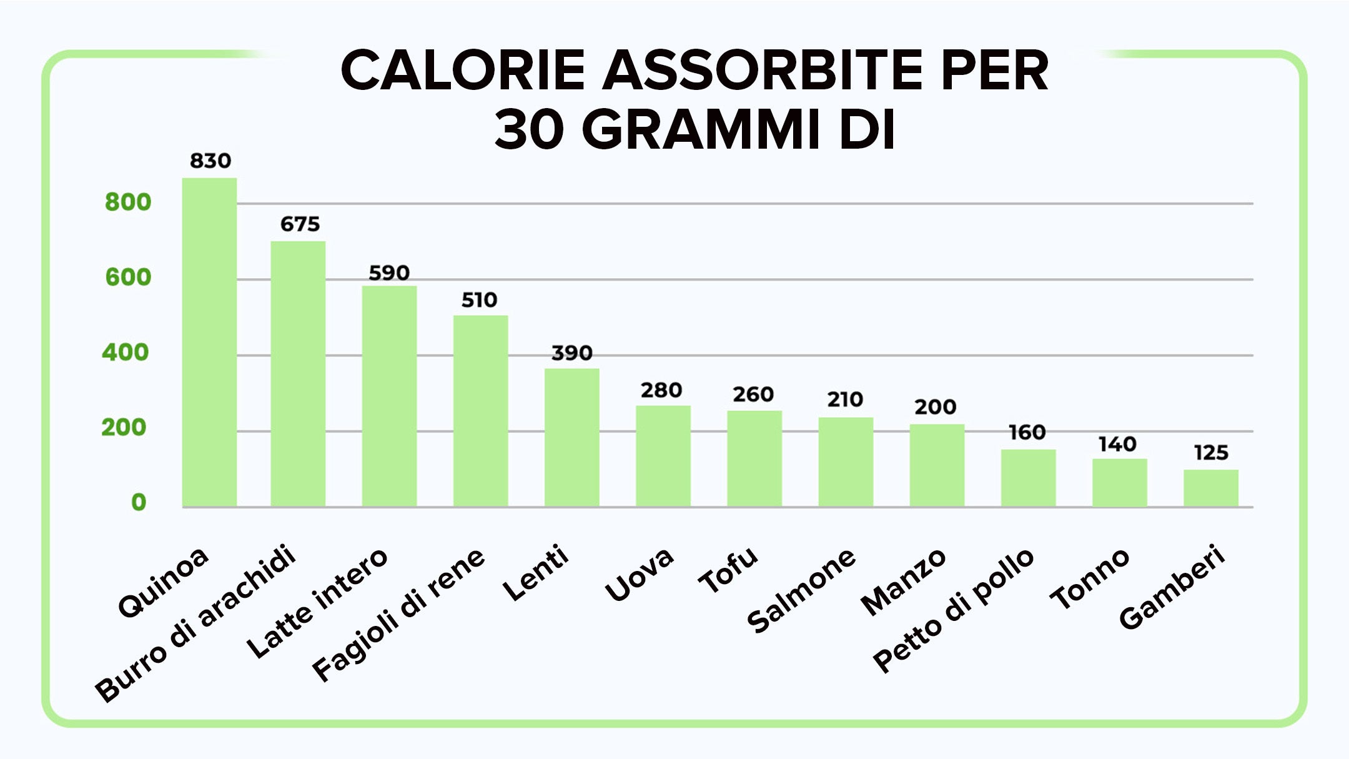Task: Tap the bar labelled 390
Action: (571, 437)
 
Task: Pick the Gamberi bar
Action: (1210, 488)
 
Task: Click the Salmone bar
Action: (846, 462)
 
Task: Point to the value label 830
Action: (210, 161)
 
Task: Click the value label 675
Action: (300, 224)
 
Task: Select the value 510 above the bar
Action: (479, 300)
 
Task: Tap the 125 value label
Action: (1211, 453)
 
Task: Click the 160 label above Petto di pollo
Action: (1027, 432)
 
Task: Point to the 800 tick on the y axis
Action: (128, 202)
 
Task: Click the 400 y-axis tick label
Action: (126, 353)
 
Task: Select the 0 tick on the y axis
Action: (139, 502)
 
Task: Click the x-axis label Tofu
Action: (728, 570)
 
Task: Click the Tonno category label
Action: (1090, 578)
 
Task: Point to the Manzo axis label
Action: (903, 582)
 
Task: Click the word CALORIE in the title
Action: (463, 71)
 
